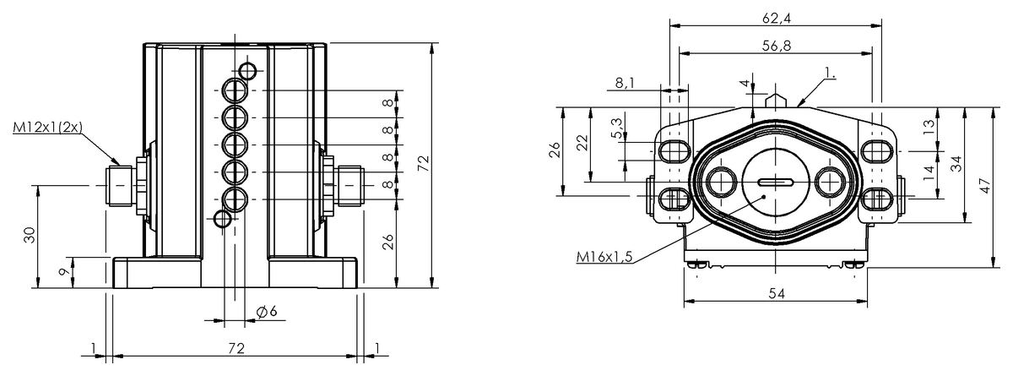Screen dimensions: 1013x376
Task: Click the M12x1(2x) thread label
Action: point(48,128)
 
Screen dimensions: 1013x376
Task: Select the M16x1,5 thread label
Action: point(604,257)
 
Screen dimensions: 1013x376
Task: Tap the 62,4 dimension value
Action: point(777,18)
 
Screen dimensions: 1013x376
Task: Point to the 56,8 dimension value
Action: point(777,46)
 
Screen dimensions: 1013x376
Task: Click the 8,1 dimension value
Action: point(625,83)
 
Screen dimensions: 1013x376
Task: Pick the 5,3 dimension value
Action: point(616,128)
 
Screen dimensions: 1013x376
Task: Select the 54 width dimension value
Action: point(777,294)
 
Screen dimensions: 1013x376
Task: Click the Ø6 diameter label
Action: point(267,311)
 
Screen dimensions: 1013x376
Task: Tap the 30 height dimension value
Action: point(30,235)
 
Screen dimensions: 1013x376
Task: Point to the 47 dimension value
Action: point(987,186)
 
